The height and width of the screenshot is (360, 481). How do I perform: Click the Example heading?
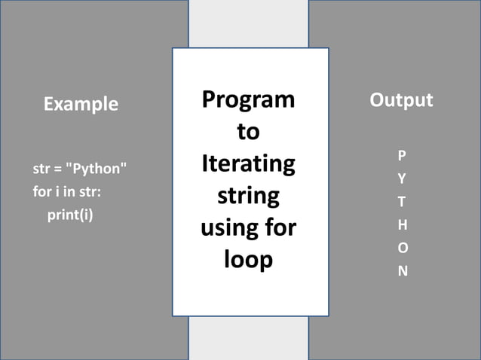click(x=81, y=104)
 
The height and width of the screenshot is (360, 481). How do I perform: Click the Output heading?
click(x=401, y=100)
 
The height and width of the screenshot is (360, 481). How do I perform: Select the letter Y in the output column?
click(x=402, y=179)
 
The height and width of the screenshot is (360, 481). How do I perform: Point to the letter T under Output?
click(x=402, y=202)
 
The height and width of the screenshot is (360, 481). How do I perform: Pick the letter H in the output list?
click(x=402, y=224)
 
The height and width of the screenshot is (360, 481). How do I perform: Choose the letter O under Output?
click(x=403, y=248)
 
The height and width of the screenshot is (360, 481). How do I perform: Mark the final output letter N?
click(x=403, y=271)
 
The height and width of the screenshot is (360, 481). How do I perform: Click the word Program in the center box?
click(x=248, y=99)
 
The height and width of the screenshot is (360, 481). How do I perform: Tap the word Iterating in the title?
click(x=248, y=163)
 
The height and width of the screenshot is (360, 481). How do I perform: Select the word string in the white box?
click(x=248, y=196)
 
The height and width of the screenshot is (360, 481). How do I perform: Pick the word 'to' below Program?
click(x=248, y=132)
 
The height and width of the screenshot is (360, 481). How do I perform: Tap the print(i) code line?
click(x=70, y=215)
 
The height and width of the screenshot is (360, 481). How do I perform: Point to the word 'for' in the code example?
click(x=42, y=192)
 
